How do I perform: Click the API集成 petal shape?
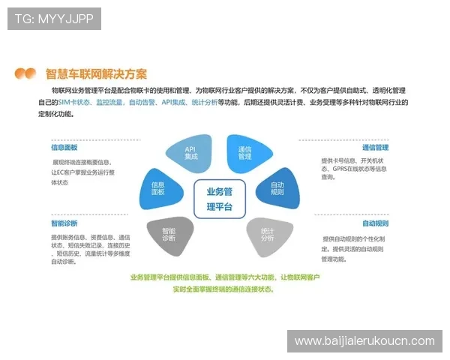point(190,153)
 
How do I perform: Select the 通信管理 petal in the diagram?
point(244,153)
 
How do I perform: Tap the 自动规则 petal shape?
point(276,188)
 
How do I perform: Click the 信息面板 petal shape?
point(158,188)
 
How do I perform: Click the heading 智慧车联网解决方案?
point(96,73)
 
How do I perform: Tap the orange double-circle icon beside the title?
point(25,73)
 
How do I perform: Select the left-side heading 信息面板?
point(64,148)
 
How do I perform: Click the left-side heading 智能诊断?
point(64,223)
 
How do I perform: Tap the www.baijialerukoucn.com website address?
point(364,341)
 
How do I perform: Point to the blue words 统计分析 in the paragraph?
point(204,101)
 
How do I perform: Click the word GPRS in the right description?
point(344,169)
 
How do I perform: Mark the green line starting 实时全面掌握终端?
point(223,288)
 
